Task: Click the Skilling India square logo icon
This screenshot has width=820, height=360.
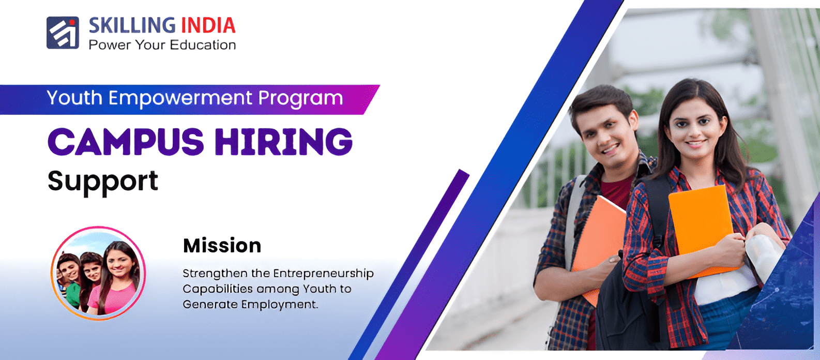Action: coord(63,33)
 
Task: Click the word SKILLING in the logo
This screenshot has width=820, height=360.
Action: coord(132,25)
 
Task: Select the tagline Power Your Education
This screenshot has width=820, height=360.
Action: coord(162,45)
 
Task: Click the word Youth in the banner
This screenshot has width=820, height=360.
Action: coord(74,98)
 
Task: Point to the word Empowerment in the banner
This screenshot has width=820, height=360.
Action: coord(180,98)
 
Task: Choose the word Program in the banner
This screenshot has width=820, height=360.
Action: coord(300,98)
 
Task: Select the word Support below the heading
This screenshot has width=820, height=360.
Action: coord(103,182)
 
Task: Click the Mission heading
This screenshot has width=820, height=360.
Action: coord(222,245)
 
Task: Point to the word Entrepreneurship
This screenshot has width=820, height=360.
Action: coord(324,274)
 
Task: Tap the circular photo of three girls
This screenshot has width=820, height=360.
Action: coord(98,273)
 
